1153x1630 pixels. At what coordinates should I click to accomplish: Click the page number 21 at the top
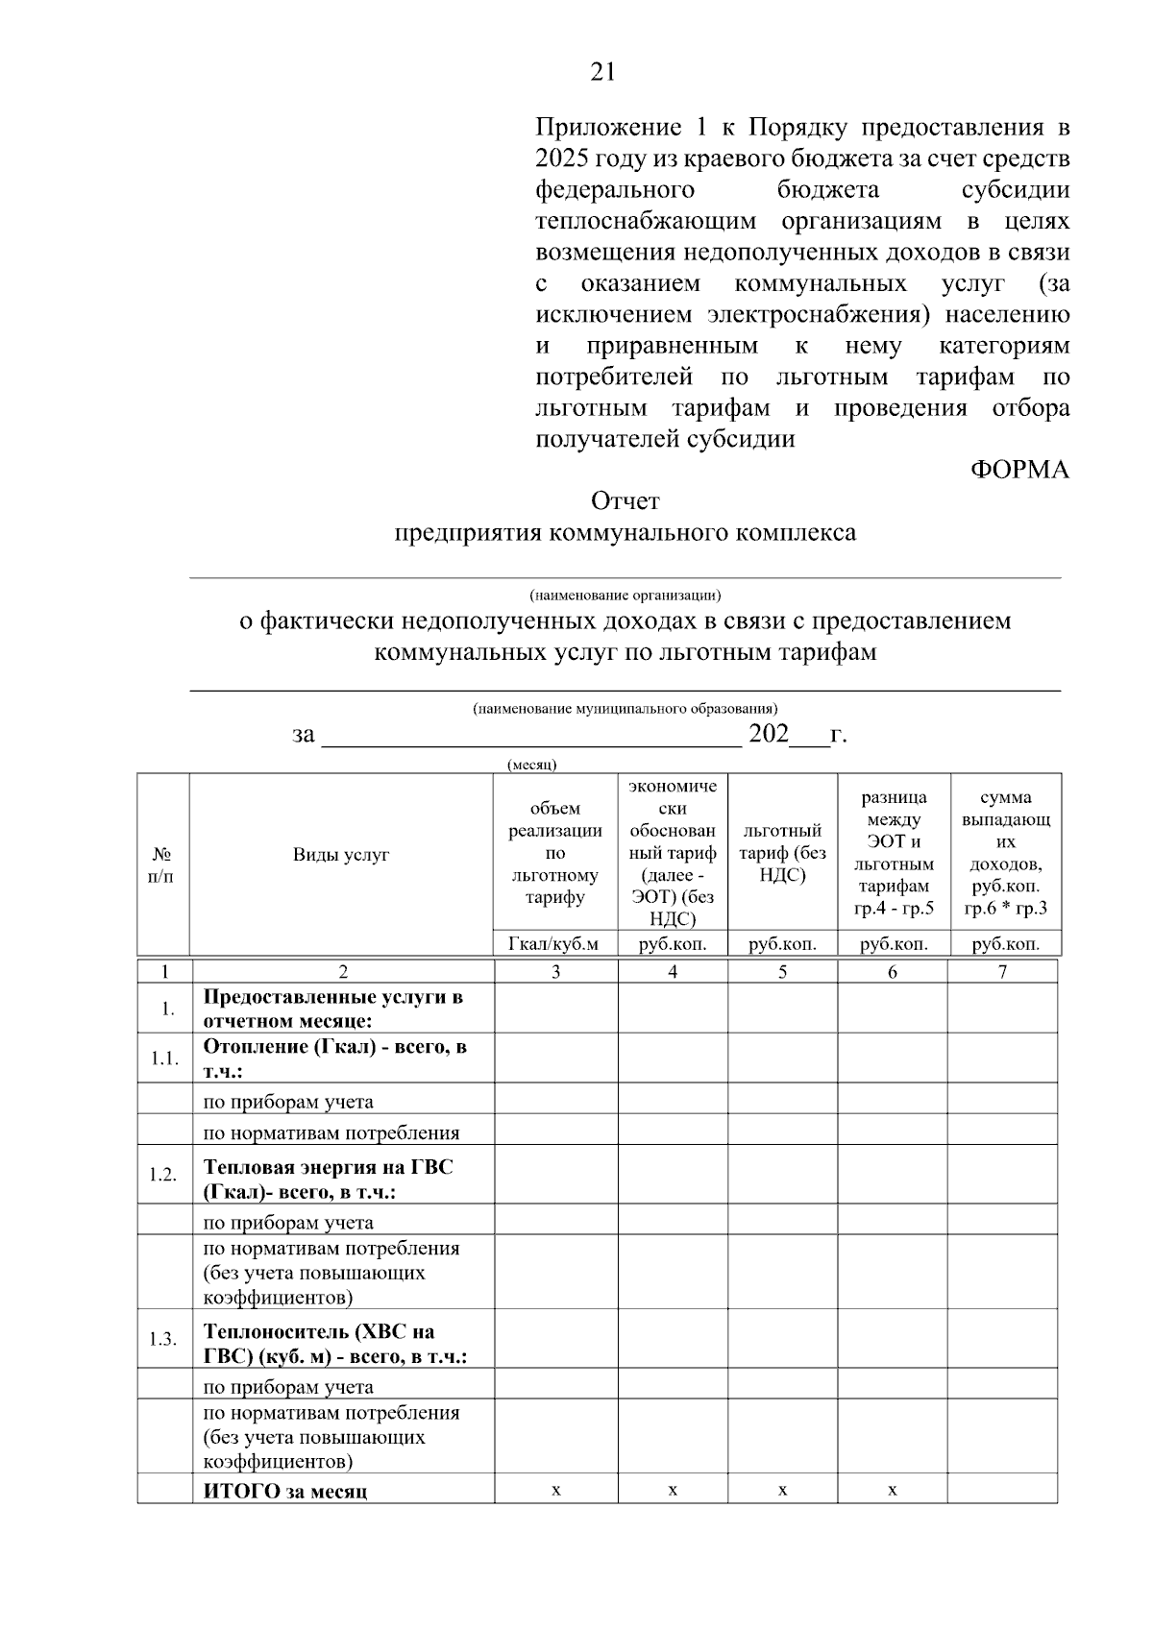tap(602, 72)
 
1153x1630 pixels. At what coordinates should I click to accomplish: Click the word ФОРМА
tap(1018, 470)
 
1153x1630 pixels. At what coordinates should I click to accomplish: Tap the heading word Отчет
tap(626, 500)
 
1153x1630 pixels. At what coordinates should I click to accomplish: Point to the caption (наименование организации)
tap(625, 595)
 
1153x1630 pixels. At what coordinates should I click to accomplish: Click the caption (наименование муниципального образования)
tap(625, 708)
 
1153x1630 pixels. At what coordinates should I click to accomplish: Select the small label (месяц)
tap(531, 765)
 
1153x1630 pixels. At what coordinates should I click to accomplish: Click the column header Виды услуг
tap(341, 854)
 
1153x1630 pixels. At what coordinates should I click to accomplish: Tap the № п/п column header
tap(162, 864)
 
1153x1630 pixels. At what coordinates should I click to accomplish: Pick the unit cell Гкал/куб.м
tap(554, 943)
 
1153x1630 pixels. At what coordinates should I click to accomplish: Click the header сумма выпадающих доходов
tap(1006, 853)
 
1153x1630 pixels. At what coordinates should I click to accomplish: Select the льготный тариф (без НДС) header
tap(783, 853)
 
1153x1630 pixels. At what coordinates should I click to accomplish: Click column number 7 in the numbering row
tap(1002, 971)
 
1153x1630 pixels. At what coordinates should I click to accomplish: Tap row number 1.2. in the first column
tap(163, 1175)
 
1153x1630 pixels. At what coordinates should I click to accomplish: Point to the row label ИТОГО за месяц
tap(284, 1491)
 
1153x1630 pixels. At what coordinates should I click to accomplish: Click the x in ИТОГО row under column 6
tap(893, 1490)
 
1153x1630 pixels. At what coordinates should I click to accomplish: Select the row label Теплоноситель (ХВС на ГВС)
tap(334, 1344)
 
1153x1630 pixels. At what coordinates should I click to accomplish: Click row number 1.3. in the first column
tap(163, 1339)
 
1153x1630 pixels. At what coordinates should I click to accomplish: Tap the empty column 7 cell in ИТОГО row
tap(1002, 1490)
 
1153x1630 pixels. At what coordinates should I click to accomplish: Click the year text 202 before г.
tap(769, 735)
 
